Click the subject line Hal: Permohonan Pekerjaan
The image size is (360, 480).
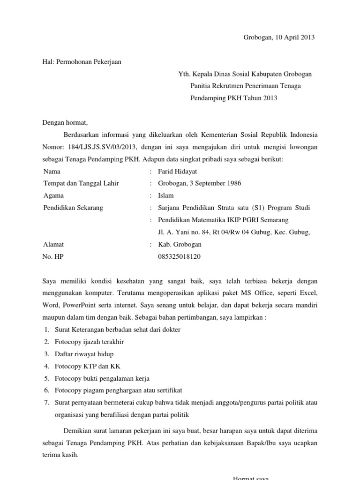pos(82,62)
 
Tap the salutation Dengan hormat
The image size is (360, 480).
pos(65,123)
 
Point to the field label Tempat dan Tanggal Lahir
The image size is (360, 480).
pos(81,183)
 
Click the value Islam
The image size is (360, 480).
pos(166,195)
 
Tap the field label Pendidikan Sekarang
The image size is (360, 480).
pos(73,208)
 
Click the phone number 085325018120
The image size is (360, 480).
pos(180,257)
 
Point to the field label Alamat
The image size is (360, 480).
pos(53,244)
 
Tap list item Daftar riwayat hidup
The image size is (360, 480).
pos(84,354)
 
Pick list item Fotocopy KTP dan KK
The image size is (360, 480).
pos(88,366)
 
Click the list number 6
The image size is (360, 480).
pos(46,390)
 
